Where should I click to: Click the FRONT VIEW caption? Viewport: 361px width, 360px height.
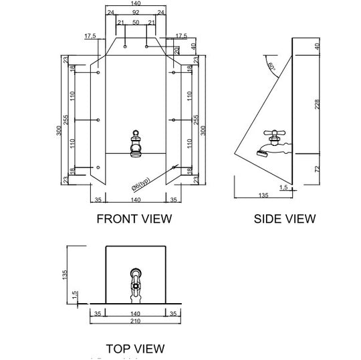point(134,218)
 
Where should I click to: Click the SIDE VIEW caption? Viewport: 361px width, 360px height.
point(285,218)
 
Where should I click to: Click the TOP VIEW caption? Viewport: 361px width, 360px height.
point(134,348)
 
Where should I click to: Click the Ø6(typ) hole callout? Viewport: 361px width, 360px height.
point(140,182)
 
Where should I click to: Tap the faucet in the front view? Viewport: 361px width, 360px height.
point(136,143)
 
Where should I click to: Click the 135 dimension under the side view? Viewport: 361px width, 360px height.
point(263,196)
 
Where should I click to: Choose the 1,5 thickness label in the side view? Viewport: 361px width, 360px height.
point(283,188)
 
